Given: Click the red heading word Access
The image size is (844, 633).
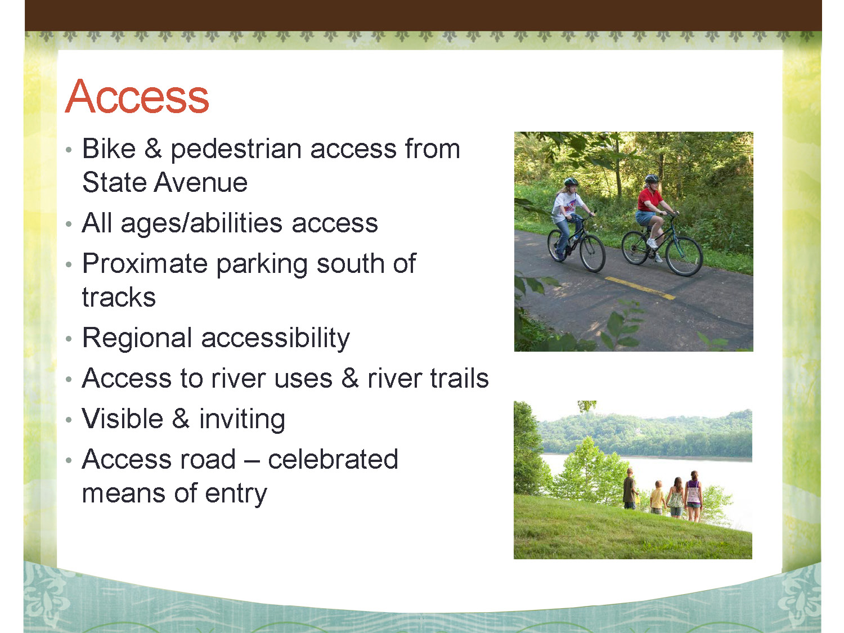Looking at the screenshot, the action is coord(137,96).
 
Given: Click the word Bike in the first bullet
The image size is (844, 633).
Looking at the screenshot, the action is coord(109,149).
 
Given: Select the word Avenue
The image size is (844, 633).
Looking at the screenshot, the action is coord(200,182).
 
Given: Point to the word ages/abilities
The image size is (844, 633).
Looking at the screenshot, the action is coord(201,225).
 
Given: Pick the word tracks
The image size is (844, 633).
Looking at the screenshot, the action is coord(119,297).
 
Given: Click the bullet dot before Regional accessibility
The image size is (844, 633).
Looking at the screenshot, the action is coord(69,339).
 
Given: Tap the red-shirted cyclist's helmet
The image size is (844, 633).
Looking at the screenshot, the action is coord(652,178).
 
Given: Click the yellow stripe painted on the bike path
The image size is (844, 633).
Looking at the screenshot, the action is coord(640,288).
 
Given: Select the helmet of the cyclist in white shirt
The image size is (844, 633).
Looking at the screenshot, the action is coord(571,182).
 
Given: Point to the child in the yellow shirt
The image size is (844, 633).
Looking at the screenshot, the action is coord(657,497).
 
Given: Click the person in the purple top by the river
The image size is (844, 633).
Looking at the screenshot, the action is coord(693,496).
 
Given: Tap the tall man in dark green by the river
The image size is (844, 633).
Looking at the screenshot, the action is coord(630,488).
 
